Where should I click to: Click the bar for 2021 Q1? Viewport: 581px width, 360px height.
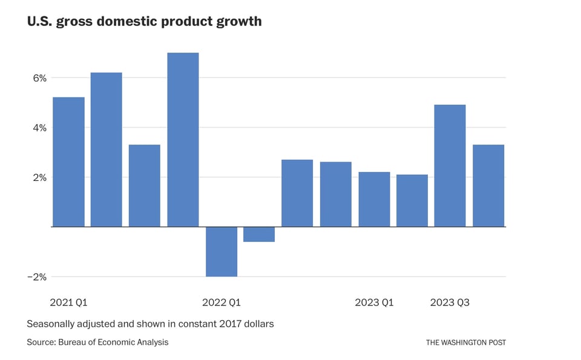pos(68,162)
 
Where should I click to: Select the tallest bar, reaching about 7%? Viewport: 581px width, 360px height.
pos(183,140)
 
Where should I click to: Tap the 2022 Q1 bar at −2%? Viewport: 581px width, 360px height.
pos(222,252)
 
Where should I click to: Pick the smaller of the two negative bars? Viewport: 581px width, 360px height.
pos(259,234)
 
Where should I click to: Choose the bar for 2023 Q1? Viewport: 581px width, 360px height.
pos(374,199)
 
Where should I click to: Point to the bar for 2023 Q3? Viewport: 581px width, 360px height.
pos(450,166)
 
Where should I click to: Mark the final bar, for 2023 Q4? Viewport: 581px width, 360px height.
pos(488,186)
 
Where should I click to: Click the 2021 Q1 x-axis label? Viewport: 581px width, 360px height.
pos(68,302)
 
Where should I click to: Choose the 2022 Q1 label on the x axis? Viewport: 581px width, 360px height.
pos(222,302)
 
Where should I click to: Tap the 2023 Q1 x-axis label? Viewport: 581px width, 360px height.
pos(374,302)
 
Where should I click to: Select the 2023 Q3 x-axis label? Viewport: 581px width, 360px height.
pos(450,302)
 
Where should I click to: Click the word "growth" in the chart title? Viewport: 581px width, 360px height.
pos(237,22)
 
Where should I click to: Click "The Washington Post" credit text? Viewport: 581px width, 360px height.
pos(466,342)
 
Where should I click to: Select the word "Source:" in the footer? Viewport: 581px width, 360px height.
pos(41,342)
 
